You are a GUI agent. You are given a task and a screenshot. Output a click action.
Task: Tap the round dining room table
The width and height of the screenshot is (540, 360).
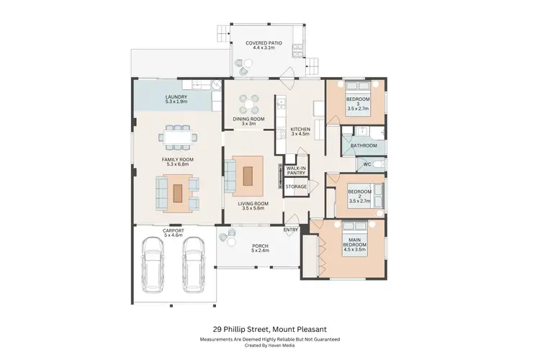click(248, 103)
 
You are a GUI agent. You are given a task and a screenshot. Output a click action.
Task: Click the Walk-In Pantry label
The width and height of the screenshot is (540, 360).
click(296, 170)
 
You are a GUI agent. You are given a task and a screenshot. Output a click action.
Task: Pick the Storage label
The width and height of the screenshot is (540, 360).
click(296, 186)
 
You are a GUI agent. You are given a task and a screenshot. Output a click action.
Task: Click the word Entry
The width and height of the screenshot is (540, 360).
click(291, 230)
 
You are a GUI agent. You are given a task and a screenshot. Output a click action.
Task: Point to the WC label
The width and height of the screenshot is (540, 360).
click(367, 164)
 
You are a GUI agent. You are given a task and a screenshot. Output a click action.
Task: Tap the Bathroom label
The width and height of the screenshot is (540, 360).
click(364, 145)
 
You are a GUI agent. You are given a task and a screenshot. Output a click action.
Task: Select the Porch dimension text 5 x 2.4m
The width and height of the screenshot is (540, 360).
click(259, 251)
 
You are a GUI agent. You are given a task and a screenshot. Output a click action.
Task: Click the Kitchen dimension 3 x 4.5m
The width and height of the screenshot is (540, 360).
click(300, 134)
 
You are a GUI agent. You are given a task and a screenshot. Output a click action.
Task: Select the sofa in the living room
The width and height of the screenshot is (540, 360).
click(230, 174)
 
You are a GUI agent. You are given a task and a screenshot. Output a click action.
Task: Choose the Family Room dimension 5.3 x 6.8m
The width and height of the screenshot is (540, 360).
click(176, 164)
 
